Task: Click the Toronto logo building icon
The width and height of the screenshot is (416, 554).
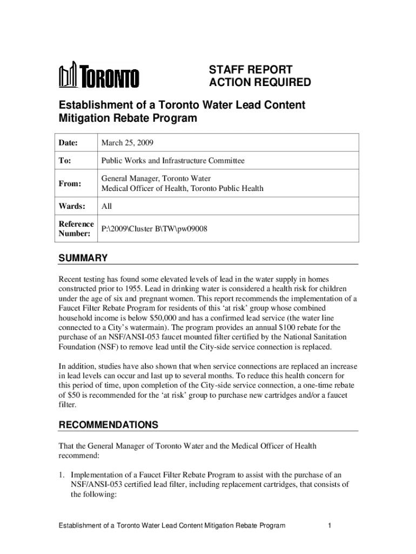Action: coord(69,76)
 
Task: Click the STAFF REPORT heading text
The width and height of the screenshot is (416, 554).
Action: coord(251,70)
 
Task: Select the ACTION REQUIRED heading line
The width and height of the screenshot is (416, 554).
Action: coord(260,83)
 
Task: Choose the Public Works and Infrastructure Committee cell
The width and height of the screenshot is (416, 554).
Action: coord(173,161)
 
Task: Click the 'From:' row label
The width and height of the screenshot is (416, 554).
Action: coord(70,184)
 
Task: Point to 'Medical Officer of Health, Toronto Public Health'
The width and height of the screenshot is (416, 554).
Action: coord(182,189)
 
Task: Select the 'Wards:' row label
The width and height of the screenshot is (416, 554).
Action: coord(72,206)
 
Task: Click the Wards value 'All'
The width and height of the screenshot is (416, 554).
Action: coord(106,206)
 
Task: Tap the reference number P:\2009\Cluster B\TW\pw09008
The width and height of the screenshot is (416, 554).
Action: coord(154,229)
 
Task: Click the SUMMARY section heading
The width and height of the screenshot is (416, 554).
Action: coord(83,258)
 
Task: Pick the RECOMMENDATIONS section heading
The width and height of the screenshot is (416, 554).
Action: coord(108,425)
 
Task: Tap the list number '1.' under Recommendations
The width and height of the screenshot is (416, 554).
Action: coord(62,474)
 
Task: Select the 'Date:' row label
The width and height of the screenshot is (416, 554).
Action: coord(69,143)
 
